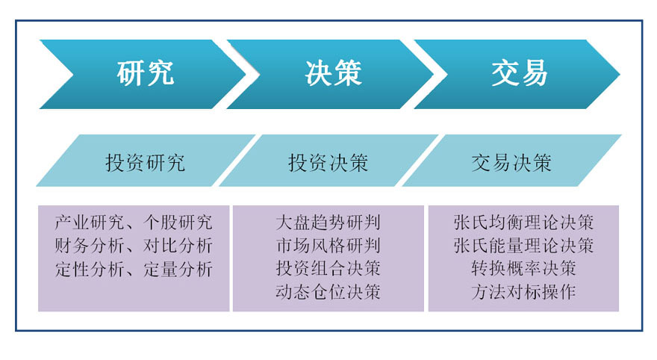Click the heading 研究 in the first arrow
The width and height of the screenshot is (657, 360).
145,73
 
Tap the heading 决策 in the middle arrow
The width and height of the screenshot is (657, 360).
333,73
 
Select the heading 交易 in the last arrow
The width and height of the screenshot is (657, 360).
520,73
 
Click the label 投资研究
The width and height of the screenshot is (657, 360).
145,163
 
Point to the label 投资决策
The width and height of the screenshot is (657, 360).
328,163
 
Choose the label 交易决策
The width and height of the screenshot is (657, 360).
511,163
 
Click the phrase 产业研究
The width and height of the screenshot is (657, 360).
90,222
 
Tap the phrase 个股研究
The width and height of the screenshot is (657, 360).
178,222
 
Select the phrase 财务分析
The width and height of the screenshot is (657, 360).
90,246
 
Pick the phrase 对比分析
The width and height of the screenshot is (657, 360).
178,246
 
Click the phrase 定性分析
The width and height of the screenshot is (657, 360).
90,269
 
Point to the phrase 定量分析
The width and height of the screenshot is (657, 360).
178,269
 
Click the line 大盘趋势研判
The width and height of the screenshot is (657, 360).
328,222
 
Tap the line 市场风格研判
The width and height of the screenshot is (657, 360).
328,246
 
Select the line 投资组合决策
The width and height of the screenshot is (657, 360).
328,268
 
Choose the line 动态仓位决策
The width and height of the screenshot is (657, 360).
328,292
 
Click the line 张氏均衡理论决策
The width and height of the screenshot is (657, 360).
524,222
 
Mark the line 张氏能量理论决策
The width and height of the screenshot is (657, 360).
524,246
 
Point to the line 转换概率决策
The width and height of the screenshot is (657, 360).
524,268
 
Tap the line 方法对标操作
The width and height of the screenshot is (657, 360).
524,292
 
